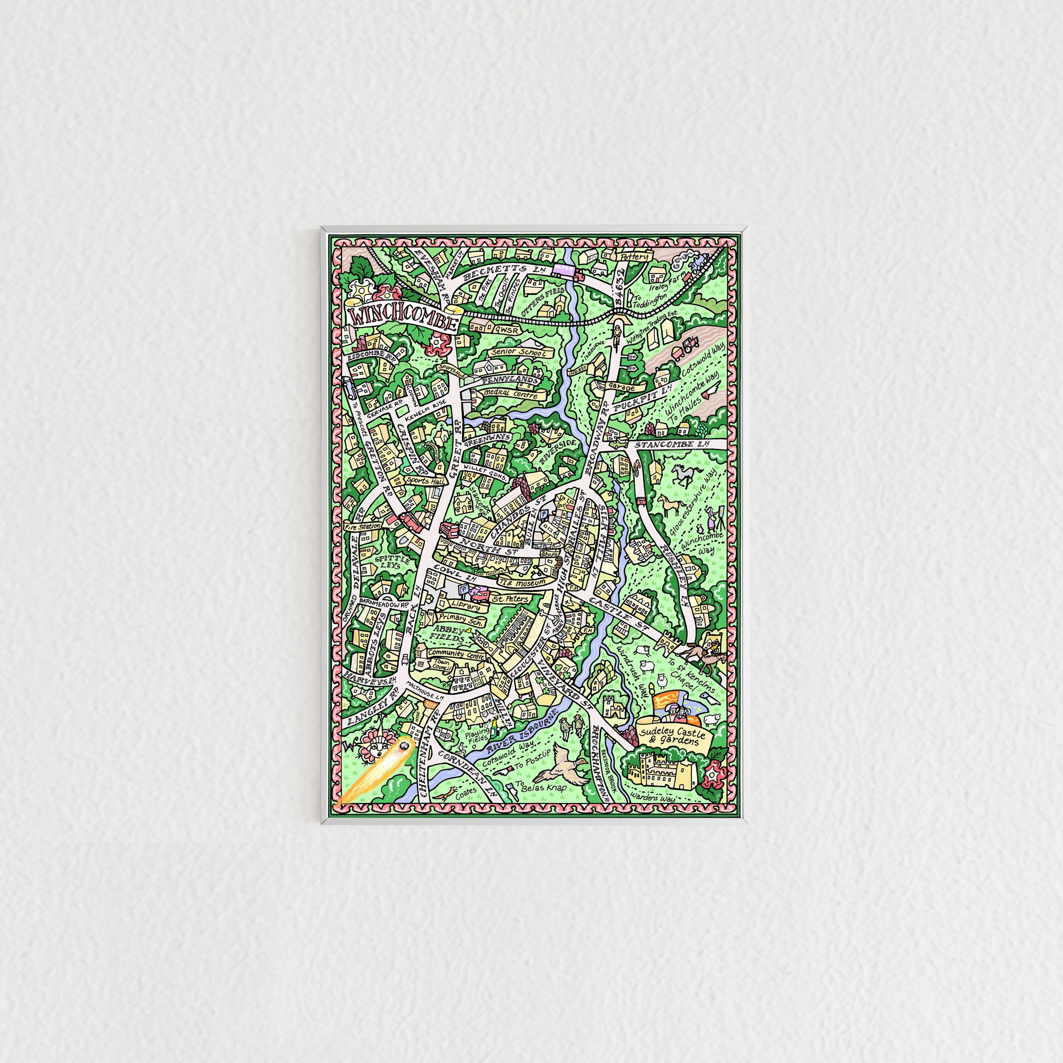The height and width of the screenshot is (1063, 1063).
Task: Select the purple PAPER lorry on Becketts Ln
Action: [568, 269]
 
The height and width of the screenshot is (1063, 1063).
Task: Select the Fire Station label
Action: [363, 527]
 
